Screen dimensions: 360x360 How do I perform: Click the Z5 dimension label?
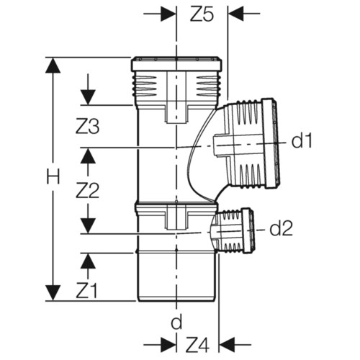pos(202,15)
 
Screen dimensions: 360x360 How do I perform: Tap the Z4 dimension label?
pos(197,345)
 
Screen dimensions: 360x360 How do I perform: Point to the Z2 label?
pos(87,191)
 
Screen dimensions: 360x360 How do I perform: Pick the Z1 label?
pos(86,291)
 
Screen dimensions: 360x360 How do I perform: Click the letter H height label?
pos(53,177)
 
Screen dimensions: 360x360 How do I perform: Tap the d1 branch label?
pos(302,140)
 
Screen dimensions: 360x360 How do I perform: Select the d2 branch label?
pos(281,228)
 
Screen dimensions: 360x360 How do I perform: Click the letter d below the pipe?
pos(176,322)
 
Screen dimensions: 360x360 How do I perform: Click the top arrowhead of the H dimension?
pos(53,65)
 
